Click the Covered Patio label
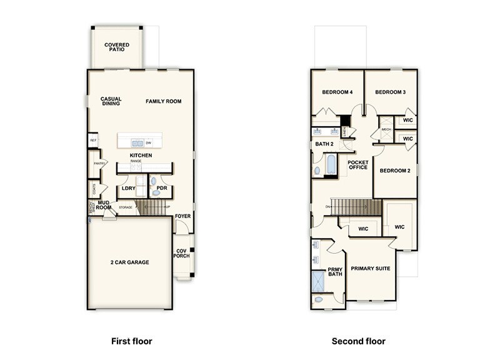[117, 47]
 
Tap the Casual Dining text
[111, 101]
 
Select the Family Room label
[164, 101]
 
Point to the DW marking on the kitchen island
[149, 142]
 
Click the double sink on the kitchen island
[137, 142]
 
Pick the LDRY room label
[129, 188]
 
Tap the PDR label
[162, 188]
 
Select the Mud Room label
[104, 204]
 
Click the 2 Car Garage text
[130, 262]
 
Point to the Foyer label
[183, 216]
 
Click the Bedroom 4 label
[337, 92]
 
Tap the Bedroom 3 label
[391, 92]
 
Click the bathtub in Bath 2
[331, 166]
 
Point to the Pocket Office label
[358, 165]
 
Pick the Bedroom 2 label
[395, 171]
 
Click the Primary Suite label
[370, 269]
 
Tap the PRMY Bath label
[335, 272]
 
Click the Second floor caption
[358, 341]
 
